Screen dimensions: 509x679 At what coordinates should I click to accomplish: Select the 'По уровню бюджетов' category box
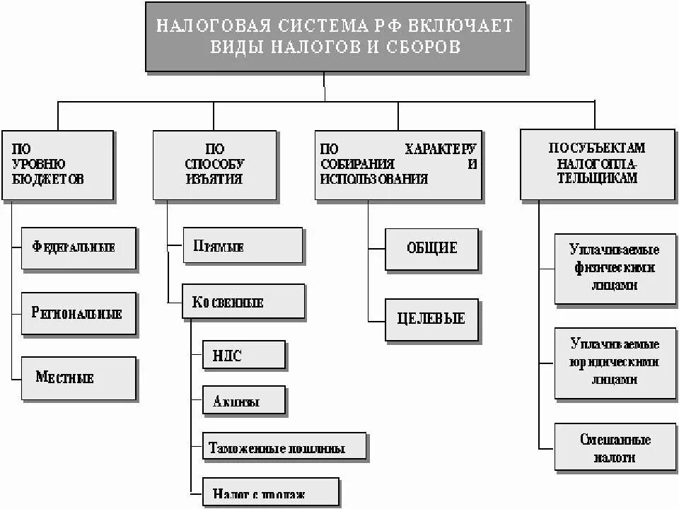(57, 165)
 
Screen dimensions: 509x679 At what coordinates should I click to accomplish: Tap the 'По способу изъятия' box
(212, 165)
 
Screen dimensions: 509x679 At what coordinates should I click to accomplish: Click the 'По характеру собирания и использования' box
(398, 165)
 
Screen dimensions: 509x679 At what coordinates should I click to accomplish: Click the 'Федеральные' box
(78, 248)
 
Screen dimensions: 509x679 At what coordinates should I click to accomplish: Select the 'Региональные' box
(78, 313)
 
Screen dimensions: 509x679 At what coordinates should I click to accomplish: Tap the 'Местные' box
(78, 378)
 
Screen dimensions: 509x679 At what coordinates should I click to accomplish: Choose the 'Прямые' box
(243, 245)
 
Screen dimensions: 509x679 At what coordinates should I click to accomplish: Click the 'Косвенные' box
(243, 303)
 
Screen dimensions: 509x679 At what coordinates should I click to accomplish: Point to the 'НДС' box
(243, 355)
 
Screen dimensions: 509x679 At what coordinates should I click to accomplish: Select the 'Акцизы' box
(243, 401)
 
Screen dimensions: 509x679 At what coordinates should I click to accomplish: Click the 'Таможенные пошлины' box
(284, 447)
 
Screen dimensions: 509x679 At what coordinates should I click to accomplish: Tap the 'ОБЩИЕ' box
(431, 249)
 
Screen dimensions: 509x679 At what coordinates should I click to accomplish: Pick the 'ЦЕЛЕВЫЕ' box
(431, 320)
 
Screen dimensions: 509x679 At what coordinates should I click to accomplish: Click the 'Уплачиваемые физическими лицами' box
(614, 269)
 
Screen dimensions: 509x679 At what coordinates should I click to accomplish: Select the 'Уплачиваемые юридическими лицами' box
(614, 362)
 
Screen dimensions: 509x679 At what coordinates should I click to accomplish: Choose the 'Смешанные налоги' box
(614, 448)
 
